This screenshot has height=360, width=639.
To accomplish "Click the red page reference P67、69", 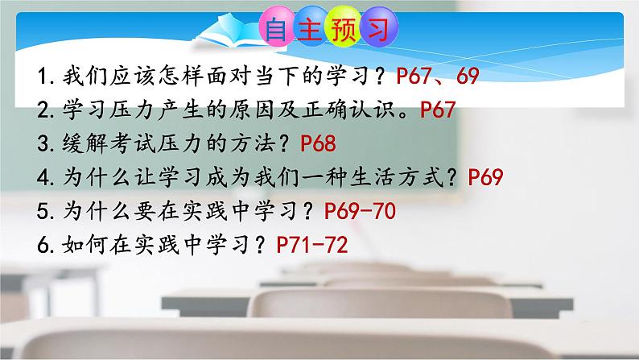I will (x=439, y=77).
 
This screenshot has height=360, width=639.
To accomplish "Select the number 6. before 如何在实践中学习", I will (x=43, y=245).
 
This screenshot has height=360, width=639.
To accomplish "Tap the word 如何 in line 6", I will (x=74, y=245).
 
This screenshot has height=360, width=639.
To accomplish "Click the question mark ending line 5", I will (x=307, y=211).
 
